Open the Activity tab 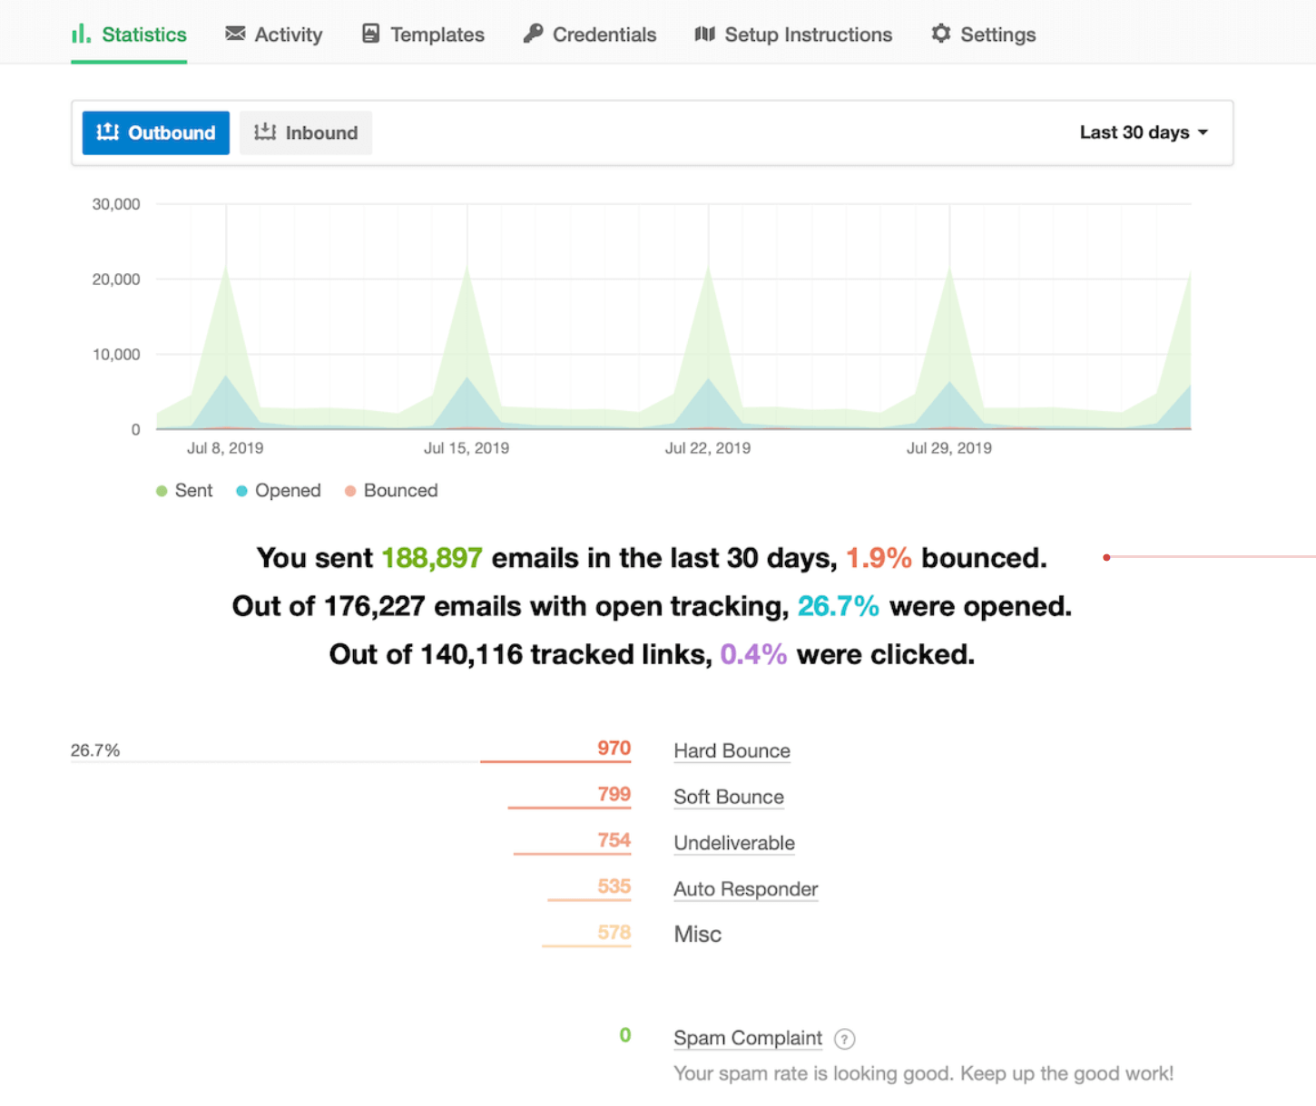[x=274, y=34]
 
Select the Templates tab [x=423, y=34]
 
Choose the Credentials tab [x=590, y=34]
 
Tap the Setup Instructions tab [x=793, y=34]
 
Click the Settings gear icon [x=941, y=34]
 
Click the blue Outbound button [x=156, y=132]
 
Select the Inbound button [x=306, y=132]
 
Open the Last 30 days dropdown [x=1144, y=132]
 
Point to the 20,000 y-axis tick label [x=116, y=279]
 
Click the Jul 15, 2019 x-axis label [x=466, y=448]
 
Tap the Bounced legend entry [x=391, y=491]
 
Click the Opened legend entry [x=279, y=491]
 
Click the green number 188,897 [x=431, y=558]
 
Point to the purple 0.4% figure [x=753, y=654]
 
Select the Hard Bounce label [x=732, y=751]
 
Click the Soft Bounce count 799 [x=614, y=794]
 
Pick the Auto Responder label [x=745, y=889]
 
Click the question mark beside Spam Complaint [x=844, y=1039]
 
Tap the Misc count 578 [x=614, y=933]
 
